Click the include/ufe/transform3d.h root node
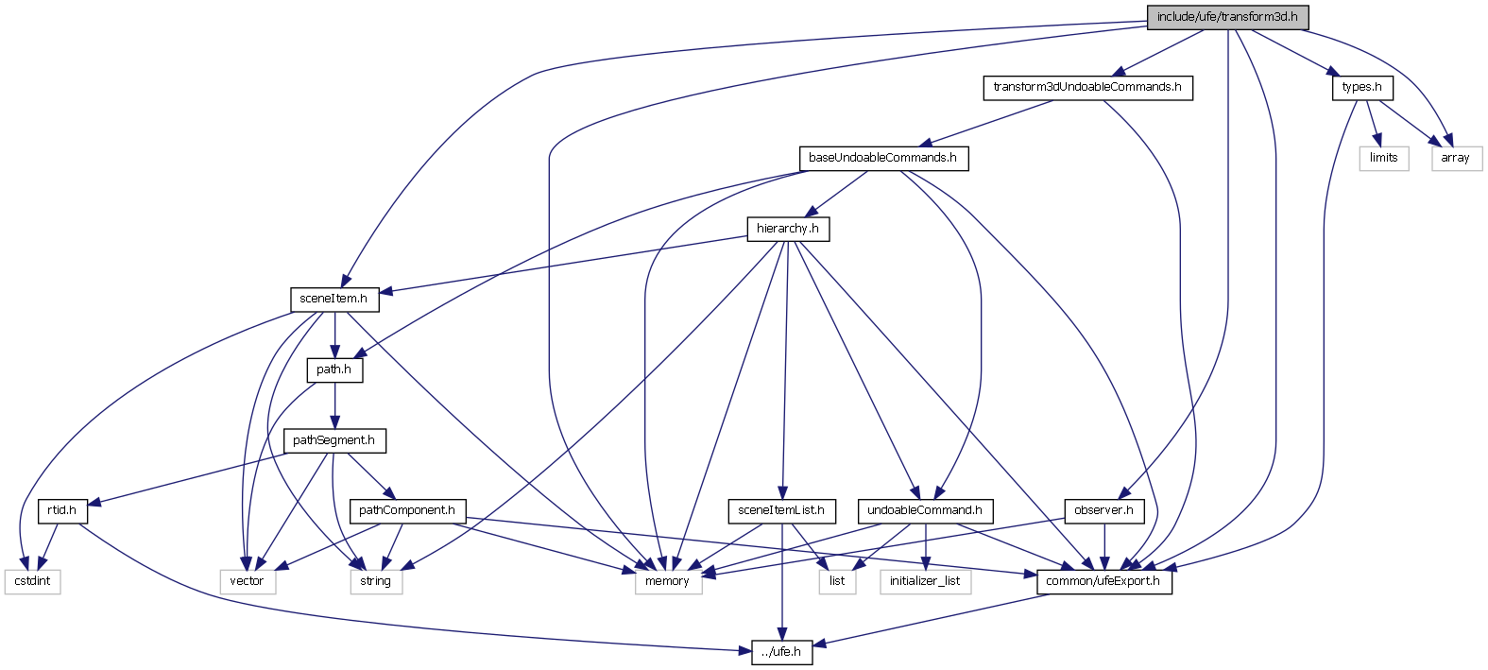click(1227, 17)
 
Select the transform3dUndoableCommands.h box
click(1086, 87)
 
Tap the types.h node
click(1361, 87)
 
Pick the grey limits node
click(1383, 158)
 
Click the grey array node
click(1455, 158)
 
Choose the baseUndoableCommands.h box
click(882, 158)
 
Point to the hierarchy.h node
click(787, 229)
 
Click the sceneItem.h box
click(334, 299)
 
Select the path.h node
click(334, 369)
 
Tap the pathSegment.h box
click(334, 440)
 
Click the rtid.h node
click(61, 510)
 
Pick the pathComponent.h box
click(406, 510)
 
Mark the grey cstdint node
click(32, 581)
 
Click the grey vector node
click(247, 581)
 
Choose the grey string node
click(375, 581)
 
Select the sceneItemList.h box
click(780, 510)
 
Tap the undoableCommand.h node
click(924, 510)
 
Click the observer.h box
click(1103, 510)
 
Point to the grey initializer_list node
click(925, 581)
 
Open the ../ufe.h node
click(781, 652)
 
